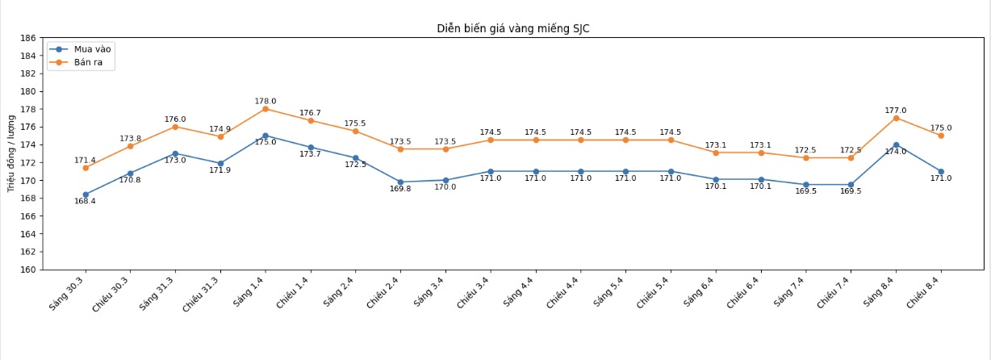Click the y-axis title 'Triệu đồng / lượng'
(x=11, y=153)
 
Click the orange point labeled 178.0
(x=266, y=109)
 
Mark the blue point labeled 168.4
(x=86, y=195)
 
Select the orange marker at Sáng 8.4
(x=896, y=118)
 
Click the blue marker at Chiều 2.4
(x=400, y=182)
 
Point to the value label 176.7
(x=311, y=113)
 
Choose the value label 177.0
(x=896, y=111)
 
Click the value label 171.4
(x=86, y=161)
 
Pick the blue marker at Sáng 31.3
(x=175, y=153)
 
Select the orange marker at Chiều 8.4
(x=941, y=136)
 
